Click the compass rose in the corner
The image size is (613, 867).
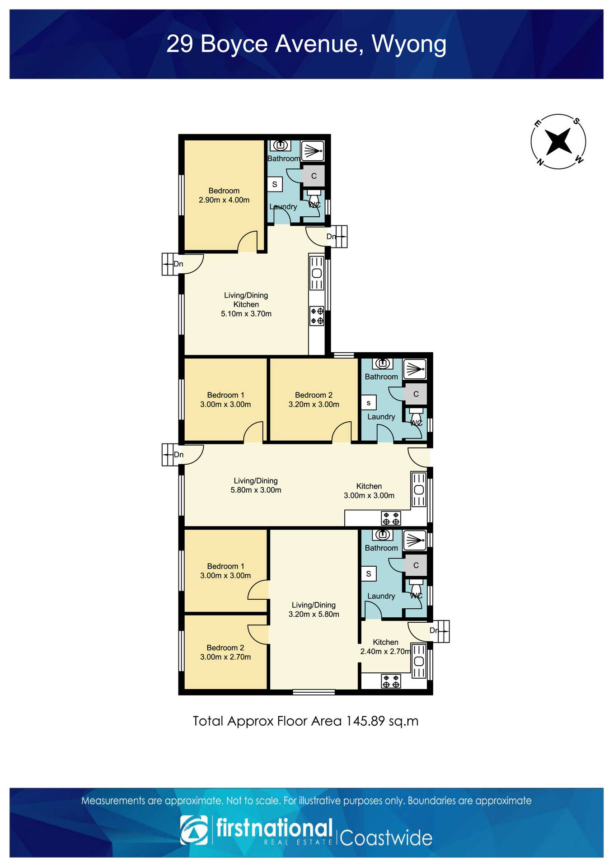point(558,142)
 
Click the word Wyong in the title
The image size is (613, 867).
point(409,44)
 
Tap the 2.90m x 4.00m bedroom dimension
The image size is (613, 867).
point(224,200)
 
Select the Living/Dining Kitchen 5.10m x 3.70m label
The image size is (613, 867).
point(246,304)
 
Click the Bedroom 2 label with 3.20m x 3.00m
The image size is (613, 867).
point(314,400)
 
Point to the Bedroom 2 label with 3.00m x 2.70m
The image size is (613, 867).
point(225,652)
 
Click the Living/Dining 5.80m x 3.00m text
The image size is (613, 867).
point(256,485)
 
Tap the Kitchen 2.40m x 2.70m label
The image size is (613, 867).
point(385,647)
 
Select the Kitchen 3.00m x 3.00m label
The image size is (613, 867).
point(369,491)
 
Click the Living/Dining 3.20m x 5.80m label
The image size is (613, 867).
point(314,610)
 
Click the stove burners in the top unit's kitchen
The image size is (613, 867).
point(317,316)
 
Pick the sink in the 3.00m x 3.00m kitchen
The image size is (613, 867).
point(419,489)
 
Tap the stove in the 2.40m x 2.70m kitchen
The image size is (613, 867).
point(391,681)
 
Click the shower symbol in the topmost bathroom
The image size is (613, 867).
point(312,151)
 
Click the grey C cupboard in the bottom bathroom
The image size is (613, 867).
point(416,565)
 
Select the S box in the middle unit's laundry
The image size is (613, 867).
point(369,402)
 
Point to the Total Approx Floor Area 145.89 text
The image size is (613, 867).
point(306,721)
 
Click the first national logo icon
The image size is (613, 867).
point(194,830)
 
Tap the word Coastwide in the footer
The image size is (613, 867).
point(386,838)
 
